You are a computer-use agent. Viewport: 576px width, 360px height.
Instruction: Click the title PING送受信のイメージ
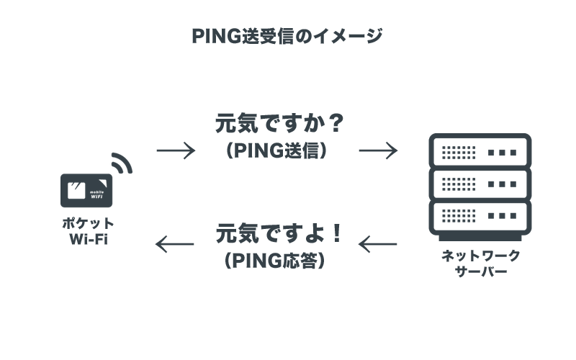[x=287, y=36]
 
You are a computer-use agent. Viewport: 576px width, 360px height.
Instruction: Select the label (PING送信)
[x=277, y=150]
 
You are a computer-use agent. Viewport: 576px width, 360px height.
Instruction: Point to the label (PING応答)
[x=277, y=261]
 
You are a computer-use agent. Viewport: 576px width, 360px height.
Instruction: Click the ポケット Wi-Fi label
[x=87, y=231]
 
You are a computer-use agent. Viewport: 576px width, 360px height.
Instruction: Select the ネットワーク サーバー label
[x=480, y=263]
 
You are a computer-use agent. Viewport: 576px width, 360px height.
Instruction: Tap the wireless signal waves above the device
[x=122, y=163]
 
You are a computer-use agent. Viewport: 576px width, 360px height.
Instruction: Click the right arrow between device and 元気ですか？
[x=176, y=150]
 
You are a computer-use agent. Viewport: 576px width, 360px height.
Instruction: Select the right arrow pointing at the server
[x=378, y=150]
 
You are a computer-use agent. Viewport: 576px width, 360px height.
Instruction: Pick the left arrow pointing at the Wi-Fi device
[x=176, y=245]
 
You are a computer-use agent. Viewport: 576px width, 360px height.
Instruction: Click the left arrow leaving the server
[x=378, y=245]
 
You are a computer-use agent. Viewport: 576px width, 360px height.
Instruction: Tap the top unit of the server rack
[x=480, y=151]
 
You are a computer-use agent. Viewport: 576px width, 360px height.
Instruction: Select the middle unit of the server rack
[x=480, y=183]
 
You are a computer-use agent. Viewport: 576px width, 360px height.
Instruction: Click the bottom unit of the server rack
[x=480, y=215]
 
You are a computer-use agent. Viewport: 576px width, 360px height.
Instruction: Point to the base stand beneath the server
[x=480, y=237]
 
